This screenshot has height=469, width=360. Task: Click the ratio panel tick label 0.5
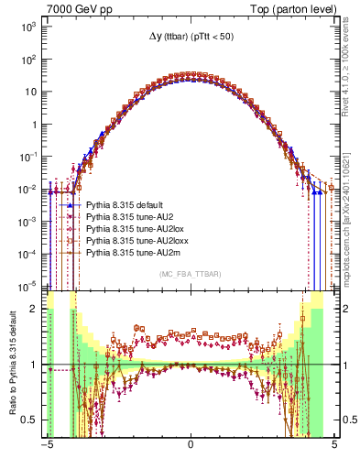31,420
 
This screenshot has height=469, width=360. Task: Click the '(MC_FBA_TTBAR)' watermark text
190,275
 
